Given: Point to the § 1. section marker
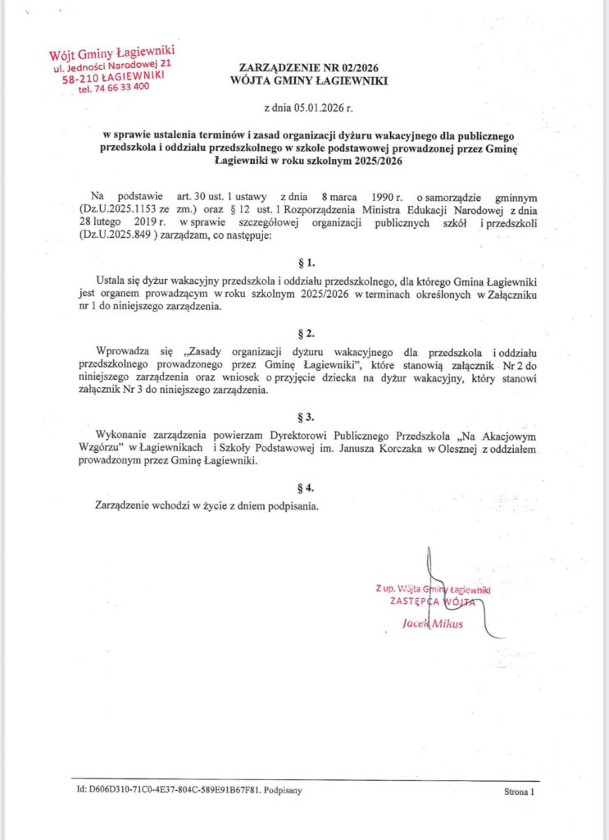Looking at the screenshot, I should pos(304,262).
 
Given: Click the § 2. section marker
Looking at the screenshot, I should pos(304,334).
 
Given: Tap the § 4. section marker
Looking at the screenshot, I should pos(304,486).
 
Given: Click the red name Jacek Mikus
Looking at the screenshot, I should pos(432,623).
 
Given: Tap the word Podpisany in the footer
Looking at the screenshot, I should pos(288,792).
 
